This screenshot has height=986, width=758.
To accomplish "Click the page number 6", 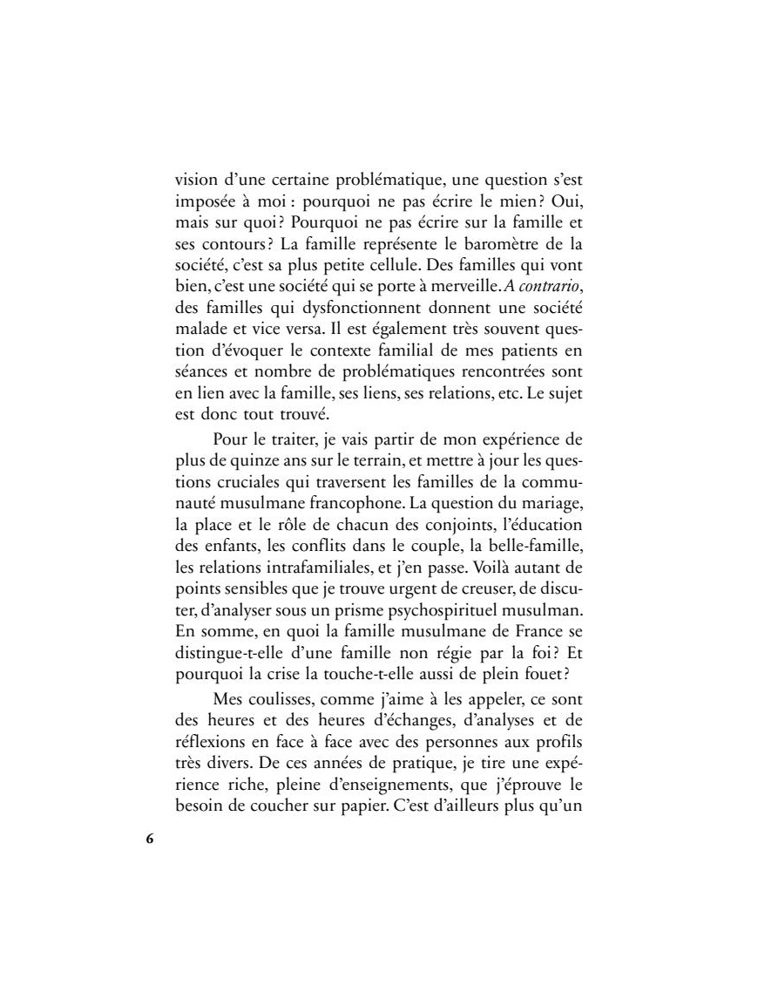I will tap(149, 840).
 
